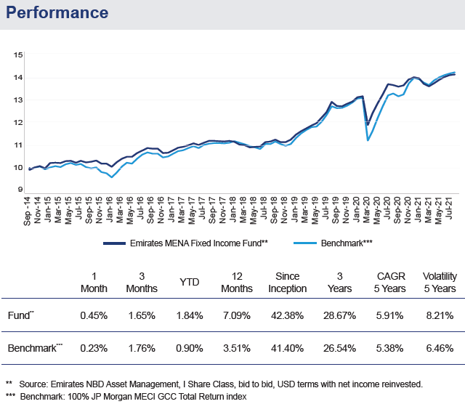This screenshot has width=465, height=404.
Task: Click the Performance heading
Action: click(x=58, y=13)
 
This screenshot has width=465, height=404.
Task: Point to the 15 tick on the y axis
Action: click(x=18, y=54)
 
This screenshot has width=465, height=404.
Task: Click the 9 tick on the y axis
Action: click(x=20, y=190)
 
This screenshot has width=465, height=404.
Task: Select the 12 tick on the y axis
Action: click(x=18, y=122)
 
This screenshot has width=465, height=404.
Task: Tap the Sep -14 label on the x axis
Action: click(x=28, y=211)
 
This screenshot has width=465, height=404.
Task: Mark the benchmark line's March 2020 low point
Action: click(x=368, y=140)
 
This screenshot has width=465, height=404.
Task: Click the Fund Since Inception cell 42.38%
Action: click(x=293, y=315)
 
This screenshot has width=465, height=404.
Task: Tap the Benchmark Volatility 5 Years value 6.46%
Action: click(x=439, y=349)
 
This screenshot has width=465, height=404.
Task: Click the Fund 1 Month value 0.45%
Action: click(x=94, y=315)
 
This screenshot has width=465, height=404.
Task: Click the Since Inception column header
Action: click(x=293, y=283)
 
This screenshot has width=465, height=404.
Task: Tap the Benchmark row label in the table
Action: click(x=33, y=349)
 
